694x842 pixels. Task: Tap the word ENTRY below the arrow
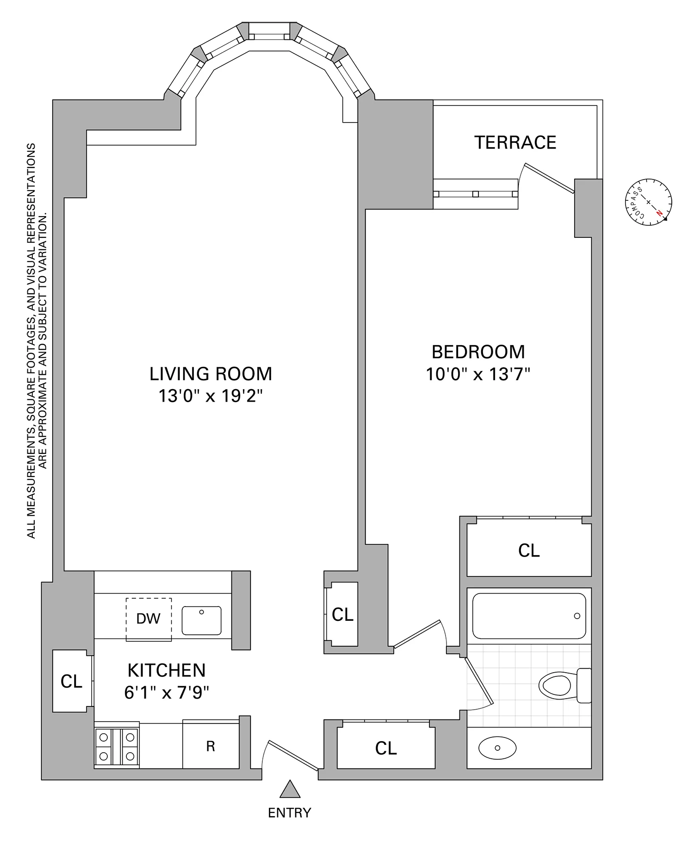(x=290, y=812)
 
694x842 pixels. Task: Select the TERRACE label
(x=515, y=142)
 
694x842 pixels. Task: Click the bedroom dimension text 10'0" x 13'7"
(x=477, y=374)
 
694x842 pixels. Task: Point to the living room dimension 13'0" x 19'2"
(x=211, y=396)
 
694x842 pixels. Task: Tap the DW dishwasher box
(x=149, y=619)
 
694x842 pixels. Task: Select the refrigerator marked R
(x=211, y=746)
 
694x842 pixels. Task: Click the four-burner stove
(x=117, y=746)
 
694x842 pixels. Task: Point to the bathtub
(x=529, y=616)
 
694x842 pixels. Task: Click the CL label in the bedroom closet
(x=529, y=551)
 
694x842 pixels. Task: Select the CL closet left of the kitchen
(x=71, y=681)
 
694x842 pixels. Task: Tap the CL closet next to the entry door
(x=386, y=748)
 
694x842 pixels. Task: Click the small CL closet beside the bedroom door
(x=342, y=614)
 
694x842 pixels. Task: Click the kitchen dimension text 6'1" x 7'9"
(x=167, y=693)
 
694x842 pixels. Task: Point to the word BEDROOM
(x=478, y=352)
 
